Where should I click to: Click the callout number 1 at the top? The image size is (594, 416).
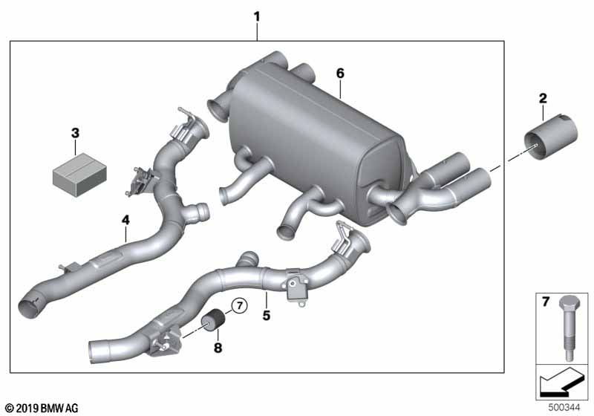point(257,17)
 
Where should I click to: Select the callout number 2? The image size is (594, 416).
point(543,99)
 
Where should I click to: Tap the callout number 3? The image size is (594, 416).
point(76,134)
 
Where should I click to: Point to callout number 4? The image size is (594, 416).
point(125,220)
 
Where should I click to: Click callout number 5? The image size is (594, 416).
point(267,315)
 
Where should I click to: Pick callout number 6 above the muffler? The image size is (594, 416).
point(340,73)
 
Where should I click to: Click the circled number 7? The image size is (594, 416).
point(239,305)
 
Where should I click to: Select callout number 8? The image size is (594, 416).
point(218,348)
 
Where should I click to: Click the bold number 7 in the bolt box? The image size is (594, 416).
point(546,302)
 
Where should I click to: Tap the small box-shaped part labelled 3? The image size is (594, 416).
point(79,176)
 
